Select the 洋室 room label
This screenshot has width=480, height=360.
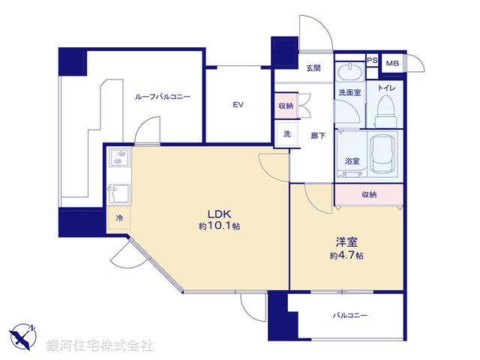[x=346, y=243]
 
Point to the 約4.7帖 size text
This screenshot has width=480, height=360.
[x=346, y=256]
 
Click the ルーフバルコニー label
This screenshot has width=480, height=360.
[x=162, y=97]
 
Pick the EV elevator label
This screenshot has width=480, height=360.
[x=238, y=104]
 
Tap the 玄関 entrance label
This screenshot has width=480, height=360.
[x=313, y=68]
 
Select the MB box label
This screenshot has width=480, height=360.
[x=392, y=63]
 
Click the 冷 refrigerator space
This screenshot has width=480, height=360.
[x=119, y=217]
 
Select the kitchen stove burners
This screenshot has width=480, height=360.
[x=118, y=158]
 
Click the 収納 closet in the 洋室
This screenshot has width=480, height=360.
[x=369, y=194]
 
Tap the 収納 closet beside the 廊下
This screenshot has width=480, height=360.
[x=286, y=106]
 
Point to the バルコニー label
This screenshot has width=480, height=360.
[x=350, y=316]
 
